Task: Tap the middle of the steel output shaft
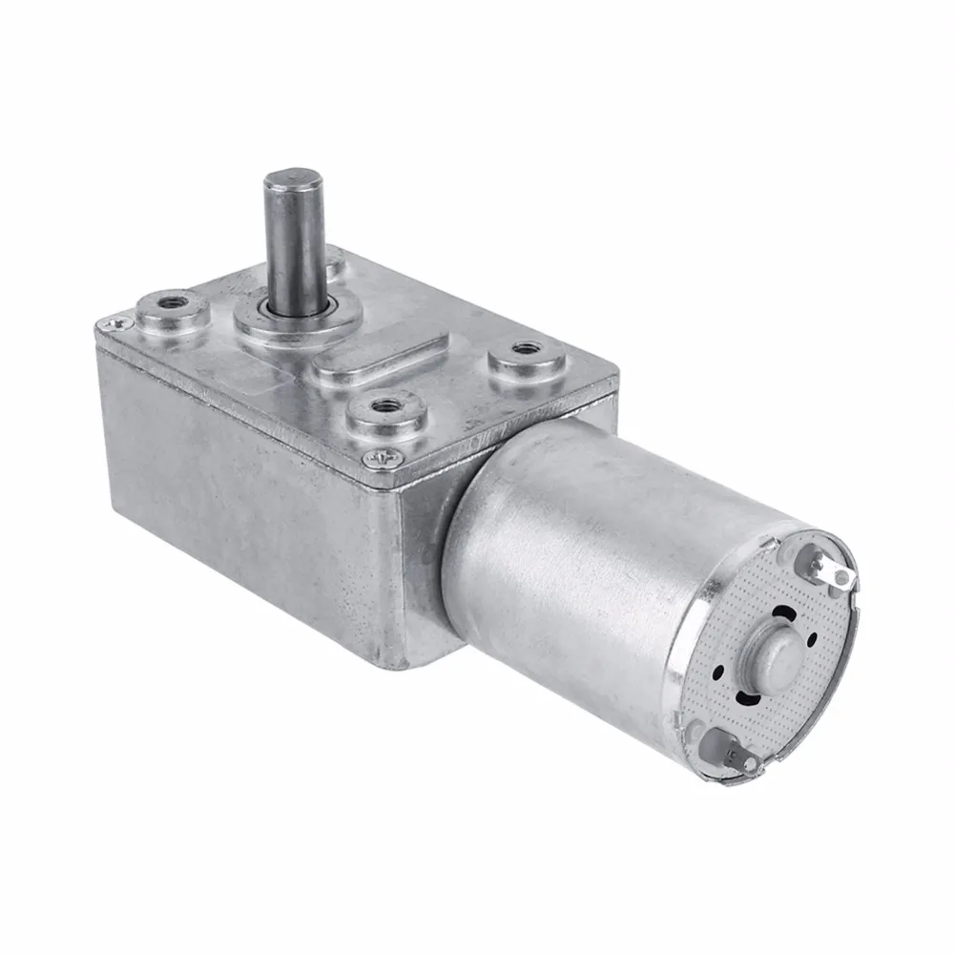[x=288, y=238]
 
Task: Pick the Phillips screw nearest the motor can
[x=381, y=459]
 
